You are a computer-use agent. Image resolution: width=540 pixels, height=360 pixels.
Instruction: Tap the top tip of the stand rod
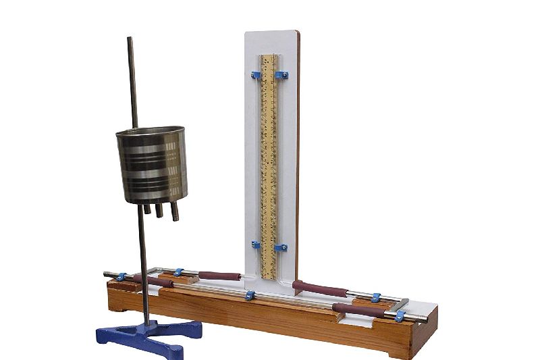pyautogui.click(x=130, y=39)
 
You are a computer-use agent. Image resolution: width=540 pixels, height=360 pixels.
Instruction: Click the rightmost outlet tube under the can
pyautogui.click(x=175, y=211)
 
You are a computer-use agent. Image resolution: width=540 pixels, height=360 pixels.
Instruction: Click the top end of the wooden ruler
pyautogui.click(x=269, y=57)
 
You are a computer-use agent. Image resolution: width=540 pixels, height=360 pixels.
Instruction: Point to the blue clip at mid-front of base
pyautogui.click(x=250, y=295)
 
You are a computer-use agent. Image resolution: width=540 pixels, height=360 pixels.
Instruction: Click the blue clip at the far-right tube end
pyautogui.click(x=400, y=315)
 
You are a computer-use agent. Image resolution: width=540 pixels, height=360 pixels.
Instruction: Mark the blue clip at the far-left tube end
pyautogui.click(x=121, y=276)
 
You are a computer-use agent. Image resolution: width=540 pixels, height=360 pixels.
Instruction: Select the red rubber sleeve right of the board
pyautogui.click(x=321, y=289)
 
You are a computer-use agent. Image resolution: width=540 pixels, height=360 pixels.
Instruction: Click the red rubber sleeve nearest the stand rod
pyautogui.click(x=153, y=280)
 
